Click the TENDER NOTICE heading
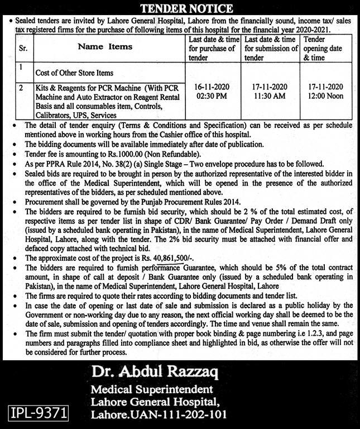pyautogui.click(x=180, y=8)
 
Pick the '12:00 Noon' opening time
pyautogui.click(x=324, y=96)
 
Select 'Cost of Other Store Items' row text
pyautogui.click(x=74, y=73)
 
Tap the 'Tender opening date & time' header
pyautogui.click(x=321, y=48)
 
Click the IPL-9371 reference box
pyautogui.click(x=39, y=413)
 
